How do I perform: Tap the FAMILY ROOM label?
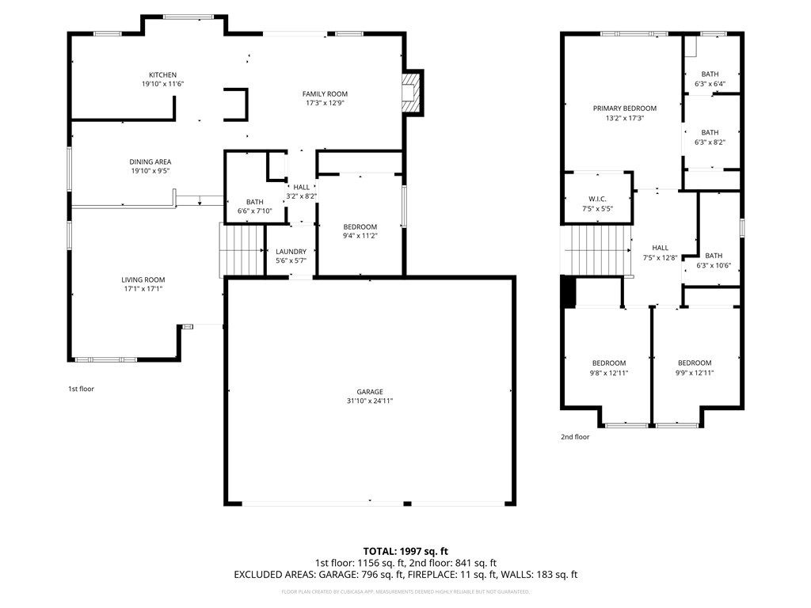(325, 94)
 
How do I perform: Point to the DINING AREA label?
(150, 162)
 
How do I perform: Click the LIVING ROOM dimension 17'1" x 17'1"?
(143, 289)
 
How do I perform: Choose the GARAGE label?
(370, 392)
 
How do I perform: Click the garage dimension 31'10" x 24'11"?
(370, 401)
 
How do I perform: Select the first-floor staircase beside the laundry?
(242, 249)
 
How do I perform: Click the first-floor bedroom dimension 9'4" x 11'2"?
(360, 236)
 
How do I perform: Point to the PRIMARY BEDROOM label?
(625, 108)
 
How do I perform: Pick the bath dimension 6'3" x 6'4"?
(710, 83)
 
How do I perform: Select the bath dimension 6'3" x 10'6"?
(714, 265)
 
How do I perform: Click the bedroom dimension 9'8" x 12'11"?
(608, 373)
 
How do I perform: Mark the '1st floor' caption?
(81, 389)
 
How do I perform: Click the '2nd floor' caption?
(576, 436)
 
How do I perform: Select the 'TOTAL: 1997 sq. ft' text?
(405, 550)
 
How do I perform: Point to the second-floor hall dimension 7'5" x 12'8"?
(660, 257)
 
